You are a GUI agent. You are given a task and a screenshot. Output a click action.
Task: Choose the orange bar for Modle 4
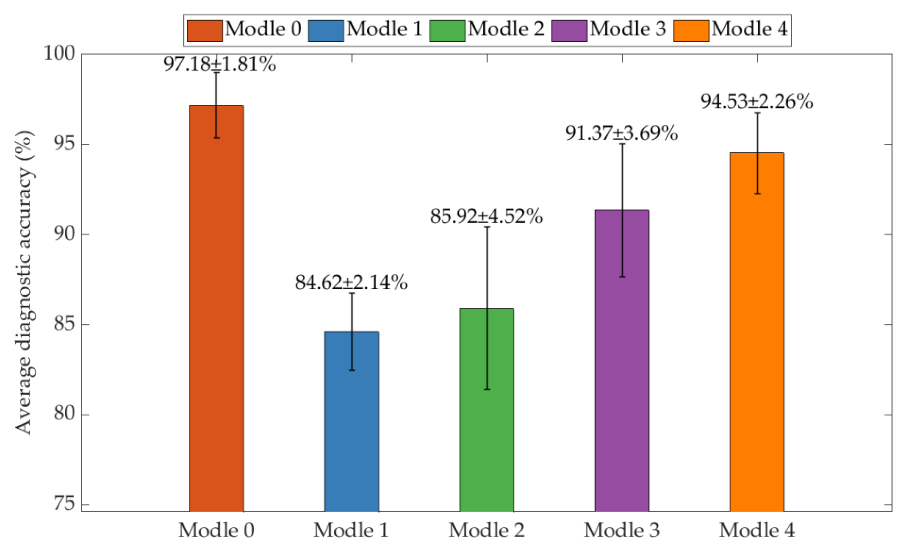[757, 333]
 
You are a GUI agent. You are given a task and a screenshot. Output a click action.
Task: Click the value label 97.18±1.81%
[220, 64]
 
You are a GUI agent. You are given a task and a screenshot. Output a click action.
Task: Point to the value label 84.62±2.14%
[351, 283]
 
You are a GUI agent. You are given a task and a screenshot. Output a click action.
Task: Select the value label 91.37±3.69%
[622, 133]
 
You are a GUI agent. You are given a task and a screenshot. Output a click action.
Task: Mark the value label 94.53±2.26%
[757, 102]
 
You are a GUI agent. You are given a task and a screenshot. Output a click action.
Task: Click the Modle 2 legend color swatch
[448, 31]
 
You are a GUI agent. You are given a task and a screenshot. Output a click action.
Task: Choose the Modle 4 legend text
[750, 29]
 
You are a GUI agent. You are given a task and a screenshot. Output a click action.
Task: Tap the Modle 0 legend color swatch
[204, 31]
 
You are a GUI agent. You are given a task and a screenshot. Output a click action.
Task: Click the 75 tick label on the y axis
[64, 504]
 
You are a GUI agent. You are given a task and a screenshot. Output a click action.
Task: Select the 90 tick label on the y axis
[64, 234]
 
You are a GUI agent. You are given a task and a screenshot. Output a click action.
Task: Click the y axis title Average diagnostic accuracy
[24, 282]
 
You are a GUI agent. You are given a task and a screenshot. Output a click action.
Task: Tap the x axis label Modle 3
[622, 531]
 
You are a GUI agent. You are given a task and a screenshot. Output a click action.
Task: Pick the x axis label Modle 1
[351, 531]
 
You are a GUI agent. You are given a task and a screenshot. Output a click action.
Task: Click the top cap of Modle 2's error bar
[487, 227]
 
